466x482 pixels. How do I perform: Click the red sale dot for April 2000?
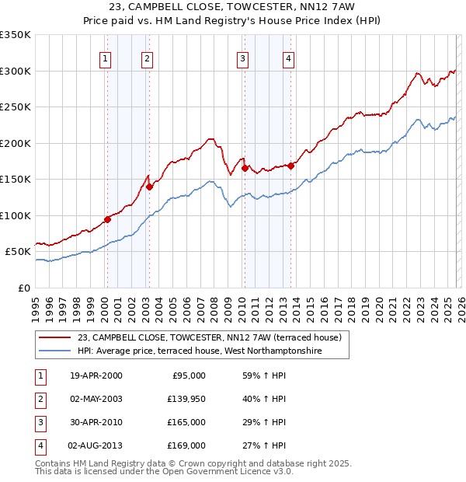pos(107,219)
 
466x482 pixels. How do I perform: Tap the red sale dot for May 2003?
pos(149,187)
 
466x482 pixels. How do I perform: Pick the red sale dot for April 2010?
pos(245,168)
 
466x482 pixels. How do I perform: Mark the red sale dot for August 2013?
pos(290,166)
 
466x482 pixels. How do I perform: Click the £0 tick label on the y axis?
pos(23,288)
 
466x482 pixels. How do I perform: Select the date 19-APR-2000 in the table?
pos(96,375)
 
